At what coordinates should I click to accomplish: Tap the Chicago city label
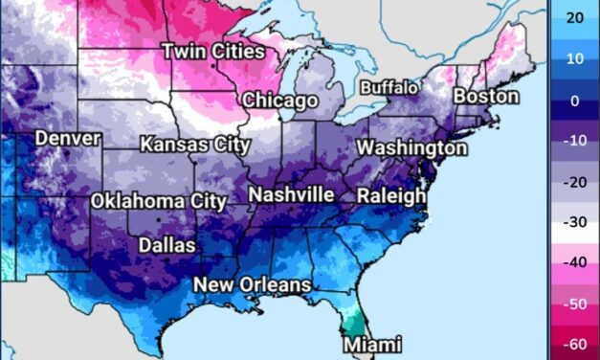[x=279, y=101]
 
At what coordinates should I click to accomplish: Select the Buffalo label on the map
[x=389, y=88]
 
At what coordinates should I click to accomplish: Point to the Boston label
[x=486, y=97]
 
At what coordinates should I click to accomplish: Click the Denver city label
[x=68, y=139]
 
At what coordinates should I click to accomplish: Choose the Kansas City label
[x=195, y=146]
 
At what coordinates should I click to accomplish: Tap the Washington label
[x=412, y=148]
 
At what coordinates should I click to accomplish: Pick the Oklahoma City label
[x=159, y=202]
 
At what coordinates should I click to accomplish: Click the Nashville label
[x=291, y=195]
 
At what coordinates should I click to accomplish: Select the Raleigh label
[x=391, y=196]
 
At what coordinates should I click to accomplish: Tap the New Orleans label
[x=253, y=284]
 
